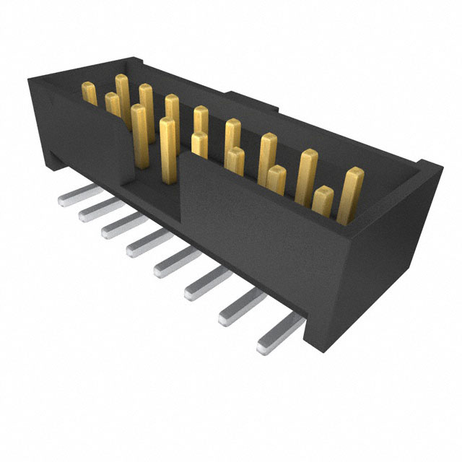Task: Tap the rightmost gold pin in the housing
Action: (x=352, y=193)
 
